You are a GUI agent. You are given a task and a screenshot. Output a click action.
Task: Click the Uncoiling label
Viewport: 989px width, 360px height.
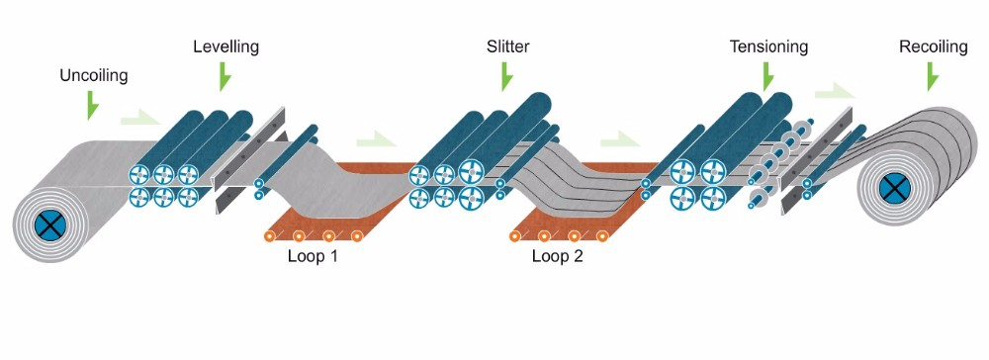[x=94, y=75]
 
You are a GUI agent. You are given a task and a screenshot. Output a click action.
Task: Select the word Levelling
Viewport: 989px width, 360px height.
[x=225, y=46]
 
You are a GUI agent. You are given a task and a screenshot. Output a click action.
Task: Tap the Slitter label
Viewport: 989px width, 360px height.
[x=507, y=46]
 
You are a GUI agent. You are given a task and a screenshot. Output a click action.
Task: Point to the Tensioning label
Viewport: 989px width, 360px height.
[x=768, y=46]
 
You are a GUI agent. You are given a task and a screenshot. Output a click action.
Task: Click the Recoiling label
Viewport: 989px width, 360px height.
[x=933, y=46]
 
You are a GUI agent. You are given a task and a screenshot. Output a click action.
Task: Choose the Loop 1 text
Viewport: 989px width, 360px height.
[x=314, y=258]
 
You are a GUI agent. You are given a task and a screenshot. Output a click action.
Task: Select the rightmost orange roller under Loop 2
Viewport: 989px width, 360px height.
[x=602, y=236]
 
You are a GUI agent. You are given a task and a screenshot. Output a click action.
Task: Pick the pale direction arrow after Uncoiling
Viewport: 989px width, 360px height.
[x=138, y=120]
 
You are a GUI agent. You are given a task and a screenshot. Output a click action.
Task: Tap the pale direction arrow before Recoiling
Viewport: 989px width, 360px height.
[x=833, y=92]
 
